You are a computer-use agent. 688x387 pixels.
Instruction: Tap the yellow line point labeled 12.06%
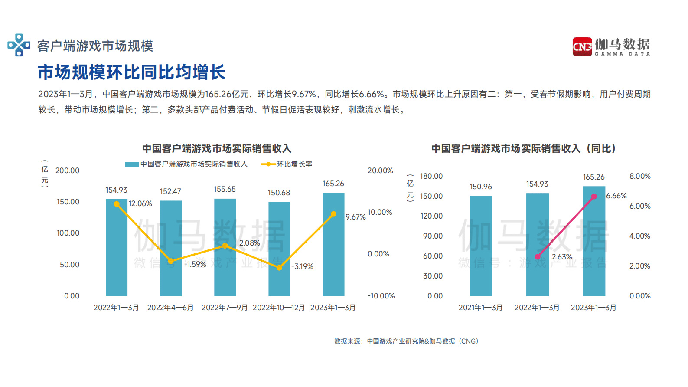pos(117,204)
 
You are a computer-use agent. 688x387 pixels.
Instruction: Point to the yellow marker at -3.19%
pos(280,268)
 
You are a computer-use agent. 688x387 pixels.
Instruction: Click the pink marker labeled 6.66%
pos(594,197)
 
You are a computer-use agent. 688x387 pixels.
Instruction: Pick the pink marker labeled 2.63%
pos(538,256)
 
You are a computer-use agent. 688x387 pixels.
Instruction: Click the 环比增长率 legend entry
pos(287,164)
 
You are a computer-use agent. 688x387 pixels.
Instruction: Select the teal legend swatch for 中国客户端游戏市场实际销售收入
pos(131,164)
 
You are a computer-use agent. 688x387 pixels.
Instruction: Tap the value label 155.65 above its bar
pos(225,189)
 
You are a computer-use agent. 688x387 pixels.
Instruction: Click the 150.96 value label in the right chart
pos(481,187)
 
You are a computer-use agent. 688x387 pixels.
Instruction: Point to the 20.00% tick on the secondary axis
pos(380,171)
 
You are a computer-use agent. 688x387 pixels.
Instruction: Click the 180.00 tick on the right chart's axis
pos(431,176)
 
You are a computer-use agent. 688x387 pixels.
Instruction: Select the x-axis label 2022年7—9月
pos(225,308)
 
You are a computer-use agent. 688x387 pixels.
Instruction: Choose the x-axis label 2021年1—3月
pos(481,308)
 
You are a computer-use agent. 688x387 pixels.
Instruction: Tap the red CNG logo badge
pos(582,46)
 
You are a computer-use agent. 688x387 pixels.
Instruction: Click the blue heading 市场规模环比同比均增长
pos(132,72)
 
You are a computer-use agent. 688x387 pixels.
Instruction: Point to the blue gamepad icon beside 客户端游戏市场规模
pos(19,45)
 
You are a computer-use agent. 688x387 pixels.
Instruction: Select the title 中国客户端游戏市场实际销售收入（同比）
pos(524,149)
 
